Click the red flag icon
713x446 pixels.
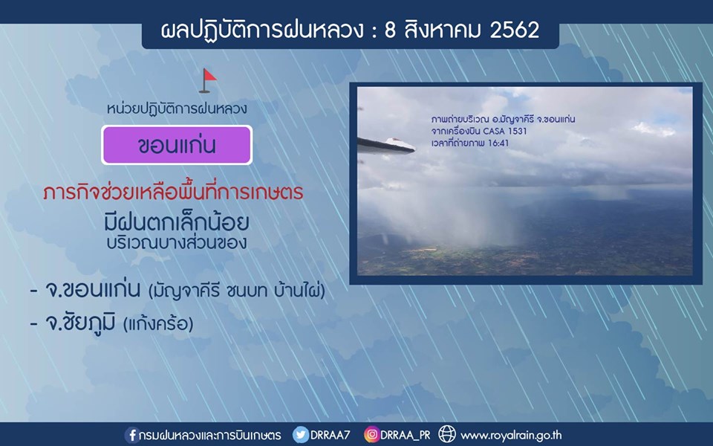[208, 80]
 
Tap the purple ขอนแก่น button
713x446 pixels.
[177, 145]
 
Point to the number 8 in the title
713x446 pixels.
[390, 30]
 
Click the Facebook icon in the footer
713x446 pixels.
[132, 435]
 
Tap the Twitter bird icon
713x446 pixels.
[300, 435]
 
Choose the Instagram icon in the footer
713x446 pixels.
[371, 435]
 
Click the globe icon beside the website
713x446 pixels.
[446, 434]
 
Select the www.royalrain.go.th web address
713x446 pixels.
[511, 436]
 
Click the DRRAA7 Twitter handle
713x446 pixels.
[330, 435]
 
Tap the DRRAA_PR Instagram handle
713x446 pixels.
[406, 435]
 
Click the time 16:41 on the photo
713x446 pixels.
[499, 143]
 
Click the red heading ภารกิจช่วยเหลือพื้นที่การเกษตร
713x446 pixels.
[173, 192]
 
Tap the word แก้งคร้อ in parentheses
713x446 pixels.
[158, 323]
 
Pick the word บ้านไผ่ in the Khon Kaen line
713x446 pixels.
[299, 290]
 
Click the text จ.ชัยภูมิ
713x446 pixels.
[80, 322]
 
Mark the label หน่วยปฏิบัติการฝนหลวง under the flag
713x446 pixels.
[177, 109]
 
